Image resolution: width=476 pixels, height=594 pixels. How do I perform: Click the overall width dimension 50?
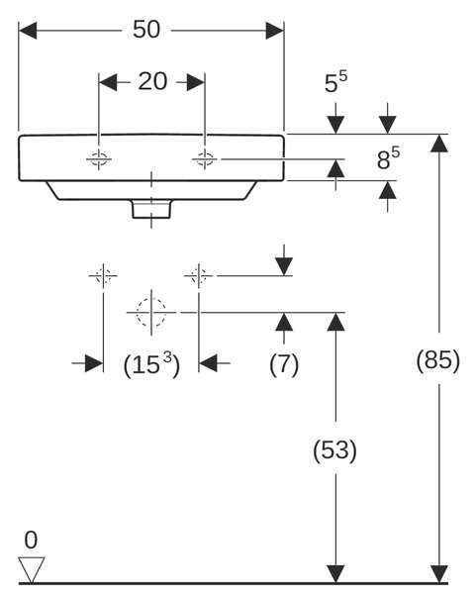[x=146, y=29]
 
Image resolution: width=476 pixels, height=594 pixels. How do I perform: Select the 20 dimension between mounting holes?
[x=152, y=81]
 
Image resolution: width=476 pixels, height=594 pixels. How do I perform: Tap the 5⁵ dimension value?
[x=335, y=82]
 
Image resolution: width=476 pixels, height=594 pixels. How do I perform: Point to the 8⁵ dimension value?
[x=388, y=158]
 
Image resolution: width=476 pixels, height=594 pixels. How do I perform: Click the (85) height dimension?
[x=438, y=359]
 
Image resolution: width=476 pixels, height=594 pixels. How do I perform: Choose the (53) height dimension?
[x=335, y=450]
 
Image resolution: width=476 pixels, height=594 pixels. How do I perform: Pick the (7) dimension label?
[x=284, y=364]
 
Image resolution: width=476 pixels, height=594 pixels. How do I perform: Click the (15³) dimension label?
[x=151, y=364]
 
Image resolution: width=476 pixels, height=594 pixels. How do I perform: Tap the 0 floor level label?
[x=31, y=540]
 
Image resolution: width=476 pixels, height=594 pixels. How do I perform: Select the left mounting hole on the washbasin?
[x=98, y=159]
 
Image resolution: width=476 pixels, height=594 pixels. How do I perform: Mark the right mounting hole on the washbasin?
[x=205, y=159]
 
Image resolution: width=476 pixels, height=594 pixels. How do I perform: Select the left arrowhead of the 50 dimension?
[x=28, y=31]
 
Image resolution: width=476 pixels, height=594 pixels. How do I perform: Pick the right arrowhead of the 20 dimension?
[x=196, y=82]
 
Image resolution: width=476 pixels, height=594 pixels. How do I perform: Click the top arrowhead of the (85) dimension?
[x=439, y=144]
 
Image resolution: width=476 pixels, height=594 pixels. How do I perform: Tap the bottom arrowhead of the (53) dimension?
[x=335, y=573]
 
